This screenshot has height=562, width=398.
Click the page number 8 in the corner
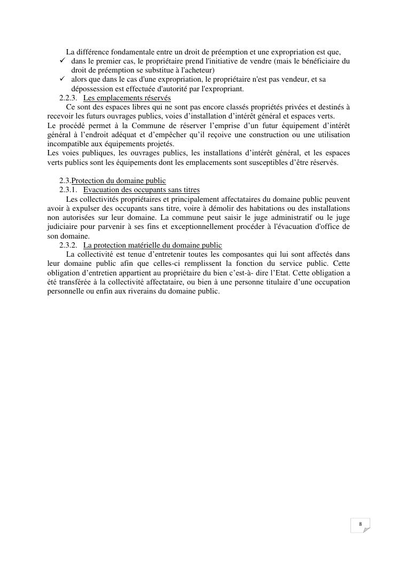[361, 524]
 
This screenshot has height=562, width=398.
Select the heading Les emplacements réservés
[127, 98]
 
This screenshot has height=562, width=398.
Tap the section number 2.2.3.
[68, 98]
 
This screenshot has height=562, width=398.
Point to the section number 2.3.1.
[68, 189]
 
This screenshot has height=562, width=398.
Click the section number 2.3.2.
[68, 245]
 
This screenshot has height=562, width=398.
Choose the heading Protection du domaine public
[119, 180]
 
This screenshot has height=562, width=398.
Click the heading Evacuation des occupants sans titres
[141, 189]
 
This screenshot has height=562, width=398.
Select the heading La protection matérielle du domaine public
[152, 245]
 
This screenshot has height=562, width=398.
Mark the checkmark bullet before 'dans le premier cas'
[62, 61]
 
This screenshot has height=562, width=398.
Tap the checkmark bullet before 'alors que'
[62, 80]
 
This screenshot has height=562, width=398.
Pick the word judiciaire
[63, 227]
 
